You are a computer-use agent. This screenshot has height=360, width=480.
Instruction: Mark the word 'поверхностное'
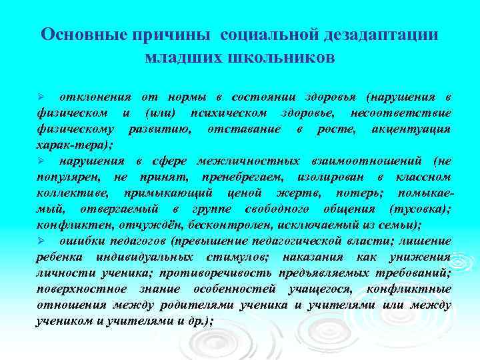coord(81,289)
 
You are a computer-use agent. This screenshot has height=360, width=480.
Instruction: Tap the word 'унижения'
coord(422,257)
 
